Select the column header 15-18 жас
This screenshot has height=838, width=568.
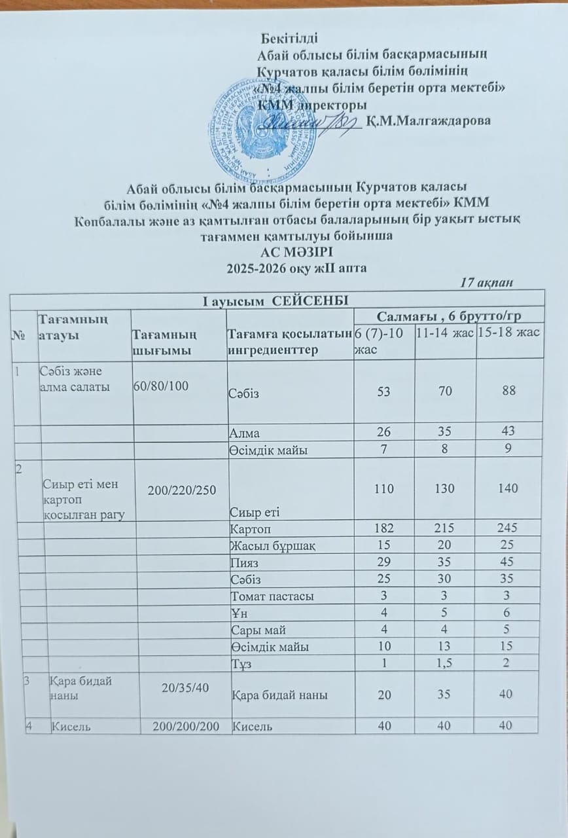508,333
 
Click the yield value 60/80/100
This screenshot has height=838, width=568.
161,386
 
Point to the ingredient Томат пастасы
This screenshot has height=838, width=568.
271,596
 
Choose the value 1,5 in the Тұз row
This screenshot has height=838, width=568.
445,663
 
